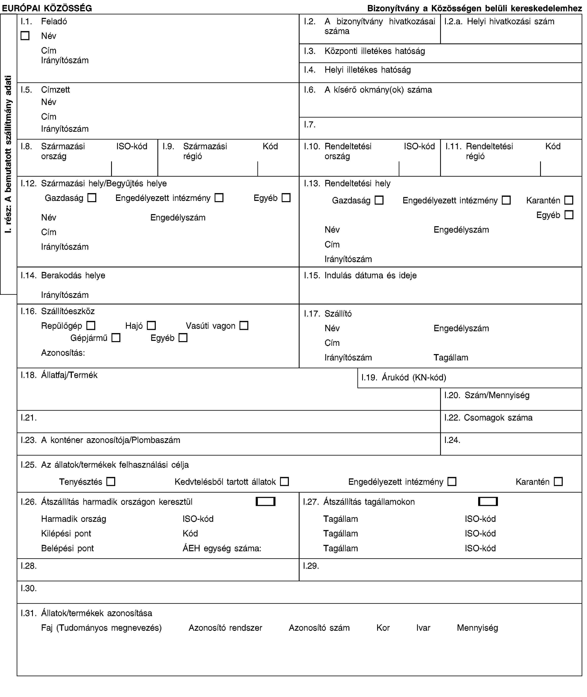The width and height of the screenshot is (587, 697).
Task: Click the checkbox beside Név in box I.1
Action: [x=25, y=36]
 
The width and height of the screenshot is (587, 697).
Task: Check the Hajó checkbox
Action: [x=151, y=325]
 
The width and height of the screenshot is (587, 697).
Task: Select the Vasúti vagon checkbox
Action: [x=244, y=325]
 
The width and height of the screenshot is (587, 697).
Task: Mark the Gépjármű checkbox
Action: [x=116, y=338]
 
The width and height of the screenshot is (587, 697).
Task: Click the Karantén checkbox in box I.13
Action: [x=569, y=200]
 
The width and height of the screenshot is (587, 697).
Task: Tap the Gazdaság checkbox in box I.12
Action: [x=92, y=198]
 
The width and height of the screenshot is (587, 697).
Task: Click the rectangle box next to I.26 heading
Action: [x=266, y=501]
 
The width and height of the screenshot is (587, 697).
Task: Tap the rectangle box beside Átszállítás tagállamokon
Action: [x=488, y=501]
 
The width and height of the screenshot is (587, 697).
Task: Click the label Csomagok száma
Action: [x=498, y=417]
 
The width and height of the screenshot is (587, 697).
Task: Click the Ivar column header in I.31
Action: [x=423, y=627]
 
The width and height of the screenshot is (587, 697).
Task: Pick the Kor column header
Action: [x=383, y=627]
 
